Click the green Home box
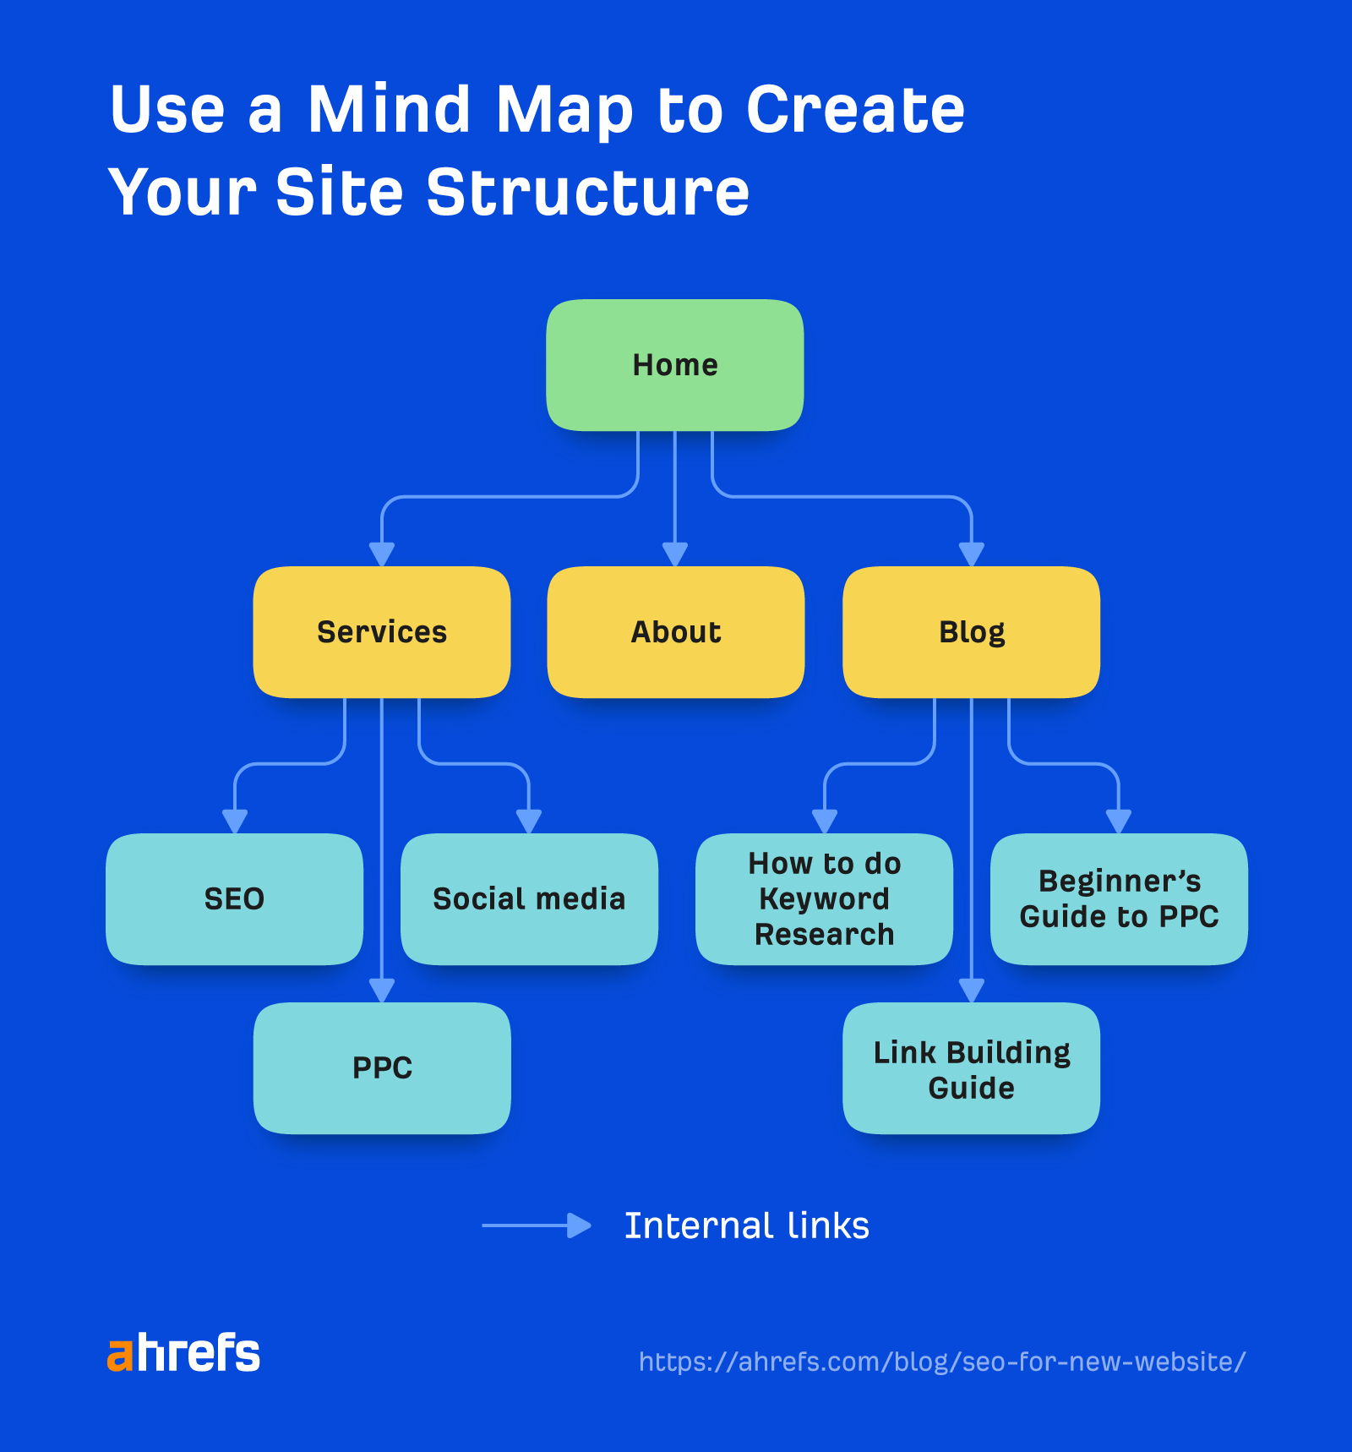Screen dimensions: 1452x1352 [x=674, y=365]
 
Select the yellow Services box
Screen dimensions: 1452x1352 [x=382, y=632]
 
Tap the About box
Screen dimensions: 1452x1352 [x=675, y=632]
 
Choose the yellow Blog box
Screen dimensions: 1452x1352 [x=971, y=632]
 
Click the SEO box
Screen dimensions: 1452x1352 [x=234, y=899]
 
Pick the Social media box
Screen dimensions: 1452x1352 [x=529, y=899]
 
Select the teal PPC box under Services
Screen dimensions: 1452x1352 [x=382, y=1068]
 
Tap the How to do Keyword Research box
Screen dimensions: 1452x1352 [x=824, y=899]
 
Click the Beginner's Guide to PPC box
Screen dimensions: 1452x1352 [x=1119, y=899]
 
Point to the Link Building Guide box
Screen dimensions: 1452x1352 [x=971, y=1069]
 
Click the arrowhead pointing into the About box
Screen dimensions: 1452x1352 [x=674, y=554]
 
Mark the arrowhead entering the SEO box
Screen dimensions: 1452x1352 [x=235, y=822]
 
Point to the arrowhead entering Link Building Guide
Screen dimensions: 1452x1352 [x=972, y=991]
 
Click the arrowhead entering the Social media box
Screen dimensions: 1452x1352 [x=529, y=822]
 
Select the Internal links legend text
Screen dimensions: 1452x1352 [x=746, y=1225]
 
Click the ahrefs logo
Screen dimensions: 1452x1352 [x=183, y=1353]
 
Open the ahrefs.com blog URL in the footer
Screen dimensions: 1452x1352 [x=941, y=1362]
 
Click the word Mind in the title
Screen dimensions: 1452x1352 [x=389, y=110]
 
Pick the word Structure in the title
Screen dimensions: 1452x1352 [x=587, y=193]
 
